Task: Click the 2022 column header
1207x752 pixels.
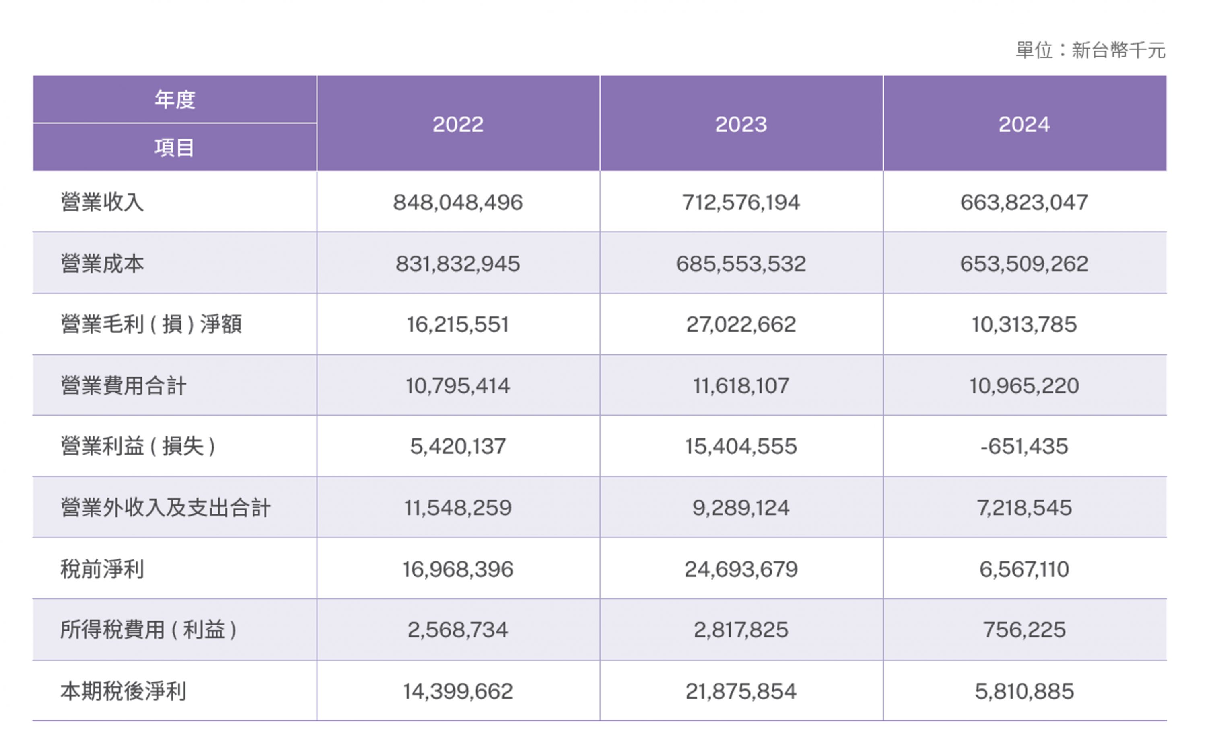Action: tap(458, 124)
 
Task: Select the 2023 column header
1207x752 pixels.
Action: tap(741, 124)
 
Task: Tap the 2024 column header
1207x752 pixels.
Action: tap(1024, 124)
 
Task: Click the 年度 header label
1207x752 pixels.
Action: tap(175, 99)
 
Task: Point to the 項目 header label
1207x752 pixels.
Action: tap(174, 148)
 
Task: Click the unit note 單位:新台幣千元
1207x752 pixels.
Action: tap(1090, 50)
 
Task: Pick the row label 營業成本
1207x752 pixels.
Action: tap(103, 264)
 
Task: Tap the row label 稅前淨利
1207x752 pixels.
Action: tap(103, 569)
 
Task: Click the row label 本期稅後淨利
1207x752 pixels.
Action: tap(124, 691)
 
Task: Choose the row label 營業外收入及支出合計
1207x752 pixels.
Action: tap(165, 508)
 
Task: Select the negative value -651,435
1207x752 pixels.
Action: tap(1024, 447)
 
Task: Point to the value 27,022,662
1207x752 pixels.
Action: tap(741, 325)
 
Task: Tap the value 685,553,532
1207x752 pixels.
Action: tap(741, 264)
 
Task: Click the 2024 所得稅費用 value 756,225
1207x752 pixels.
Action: tap(1024, 630)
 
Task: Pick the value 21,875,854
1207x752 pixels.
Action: tap(741, 691)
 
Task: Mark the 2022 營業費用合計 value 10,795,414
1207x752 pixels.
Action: tap(458, 386)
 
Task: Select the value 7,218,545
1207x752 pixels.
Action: tap(1024, 508)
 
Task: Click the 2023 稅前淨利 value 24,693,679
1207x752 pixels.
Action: tap(741, 569)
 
